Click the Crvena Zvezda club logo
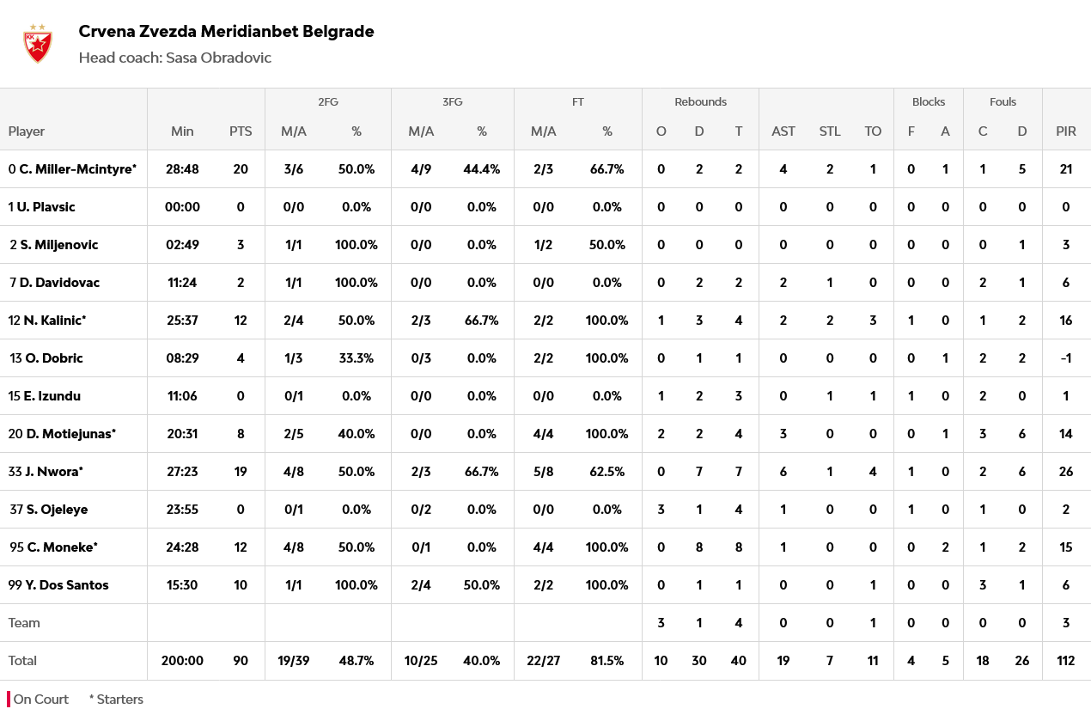37,44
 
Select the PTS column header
241,131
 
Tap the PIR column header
1065,131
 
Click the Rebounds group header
700,101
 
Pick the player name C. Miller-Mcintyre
77,169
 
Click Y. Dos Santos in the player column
66,585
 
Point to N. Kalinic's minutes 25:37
182,321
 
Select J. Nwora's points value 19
241,472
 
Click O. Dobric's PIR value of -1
1065,358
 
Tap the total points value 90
241,661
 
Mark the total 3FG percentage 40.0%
481,661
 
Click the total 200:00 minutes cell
182,661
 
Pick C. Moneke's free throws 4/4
543,547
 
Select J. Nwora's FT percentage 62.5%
606,472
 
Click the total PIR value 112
1065,661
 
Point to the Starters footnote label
119,700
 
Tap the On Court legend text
40,700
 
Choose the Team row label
24,623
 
